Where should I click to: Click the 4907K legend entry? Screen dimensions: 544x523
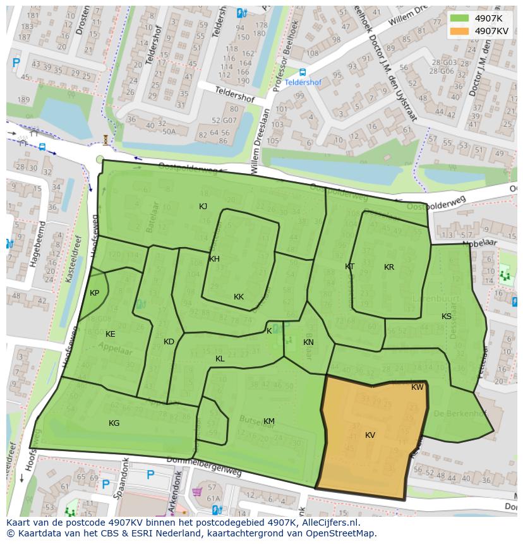pos(488,18)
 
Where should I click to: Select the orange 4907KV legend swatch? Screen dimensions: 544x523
pos(459,31)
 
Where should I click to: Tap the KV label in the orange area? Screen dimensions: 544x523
pos(370,435)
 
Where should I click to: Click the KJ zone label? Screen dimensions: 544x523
pos(203,207)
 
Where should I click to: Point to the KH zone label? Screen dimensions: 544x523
pos(214,259)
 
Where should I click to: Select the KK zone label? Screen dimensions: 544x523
pos(239,297)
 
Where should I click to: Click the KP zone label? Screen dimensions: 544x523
pos(94,293)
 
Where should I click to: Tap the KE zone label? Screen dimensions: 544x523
pos(111,334)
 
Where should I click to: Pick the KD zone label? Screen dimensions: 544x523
pos(169,342)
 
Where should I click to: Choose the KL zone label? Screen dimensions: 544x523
pos(220,359)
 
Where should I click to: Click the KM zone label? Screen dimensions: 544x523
pos(269,421)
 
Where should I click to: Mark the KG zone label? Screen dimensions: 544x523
pos(114,423)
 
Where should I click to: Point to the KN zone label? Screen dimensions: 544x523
pos(308,342)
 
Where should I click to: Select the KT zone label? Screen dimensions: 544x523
pos(349,267)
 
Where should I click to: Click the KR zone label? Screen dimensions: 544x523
pos(389,267)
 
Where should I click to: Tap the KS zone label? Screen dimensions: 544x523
pos(447,317)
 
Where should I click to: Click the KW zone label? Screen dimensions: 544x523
pos(418,387)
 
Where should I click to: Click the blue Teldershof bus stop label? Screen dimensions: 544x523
pos(303,82)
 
